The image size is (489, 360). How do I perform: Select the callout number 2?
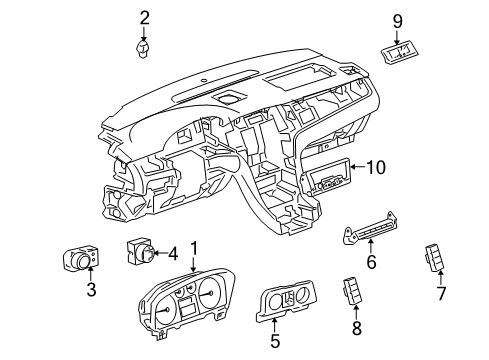145,17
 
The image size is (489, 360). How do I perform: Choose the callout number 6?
370,264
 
